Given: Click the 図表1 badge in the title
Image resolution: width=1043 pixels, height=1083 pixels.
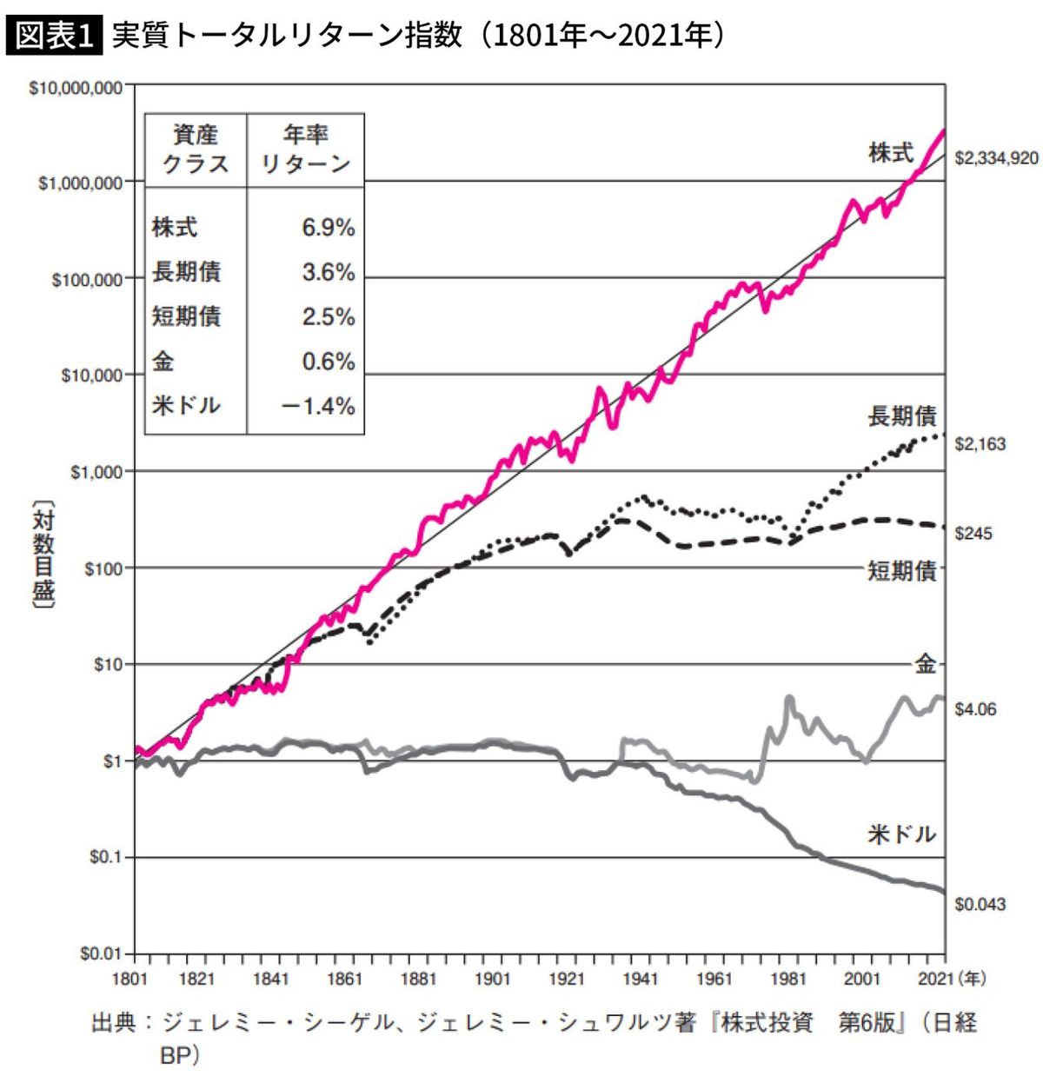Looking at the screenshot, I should [54, 36].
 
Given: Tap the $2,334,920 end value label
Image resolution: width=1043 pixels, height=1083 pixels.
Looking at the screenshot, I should [996, 158].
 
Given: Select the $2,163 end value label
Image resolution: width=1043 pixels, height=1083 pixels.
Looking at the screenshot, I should [980, 444].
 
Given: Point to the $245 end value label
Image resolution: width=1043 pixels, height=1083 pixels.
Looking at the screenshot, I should [973, 534].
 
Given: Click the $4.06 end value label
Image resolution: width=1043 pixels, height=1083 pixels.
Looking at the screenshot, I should [975, 709].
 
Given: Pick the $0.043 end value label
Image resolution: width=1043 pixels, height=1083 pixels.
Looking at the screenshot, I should [980, 904].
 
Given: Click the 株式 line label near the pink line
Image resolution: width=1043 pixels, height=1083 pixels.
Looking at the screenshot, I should [891, 153].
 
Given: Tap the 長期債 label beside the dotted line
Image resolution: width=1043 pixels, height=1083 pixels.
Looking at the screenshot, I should [901, 416].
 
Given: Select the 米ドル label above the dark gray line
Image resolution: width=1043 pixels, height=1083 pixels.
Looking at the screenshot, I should [901, 834].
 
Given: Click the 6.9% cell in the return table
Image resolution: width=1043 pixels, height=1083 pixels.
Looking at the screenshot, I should [328, 228].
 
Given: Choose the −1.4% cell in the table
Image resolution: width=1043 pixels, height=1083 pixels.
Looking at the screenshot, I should [318, 406].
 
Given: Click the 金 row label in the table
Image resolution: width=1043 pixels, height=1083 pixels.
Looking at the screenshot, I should [163, 362].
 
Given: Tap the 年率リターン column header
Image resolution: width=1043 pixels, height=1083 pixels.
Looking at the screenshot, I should [305, 149].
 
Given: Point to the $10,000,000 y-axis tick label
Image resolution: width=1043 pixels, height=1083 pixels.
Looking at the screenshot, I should [76, 88].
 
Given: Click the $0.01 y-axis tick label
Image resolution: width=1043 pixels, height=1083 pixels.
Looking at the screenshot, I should [101, 953].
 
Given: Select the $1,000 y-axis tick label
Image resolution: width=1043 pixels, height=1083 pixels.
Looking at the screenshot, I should [96, 472].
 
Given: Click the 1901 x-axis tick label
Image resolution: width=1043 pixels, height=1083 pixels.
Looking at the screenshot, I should [492, 980].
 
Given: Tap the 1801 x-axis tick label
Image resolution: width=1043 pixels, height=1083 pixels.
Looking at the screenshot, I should [130, 980].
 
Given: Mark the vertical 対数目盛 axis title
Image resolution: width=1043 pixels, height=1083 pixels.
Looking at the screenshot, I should [43, 556].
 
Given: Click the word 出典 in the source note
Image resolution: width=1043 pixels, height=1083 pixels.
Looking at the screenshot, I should [114, 1022].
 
